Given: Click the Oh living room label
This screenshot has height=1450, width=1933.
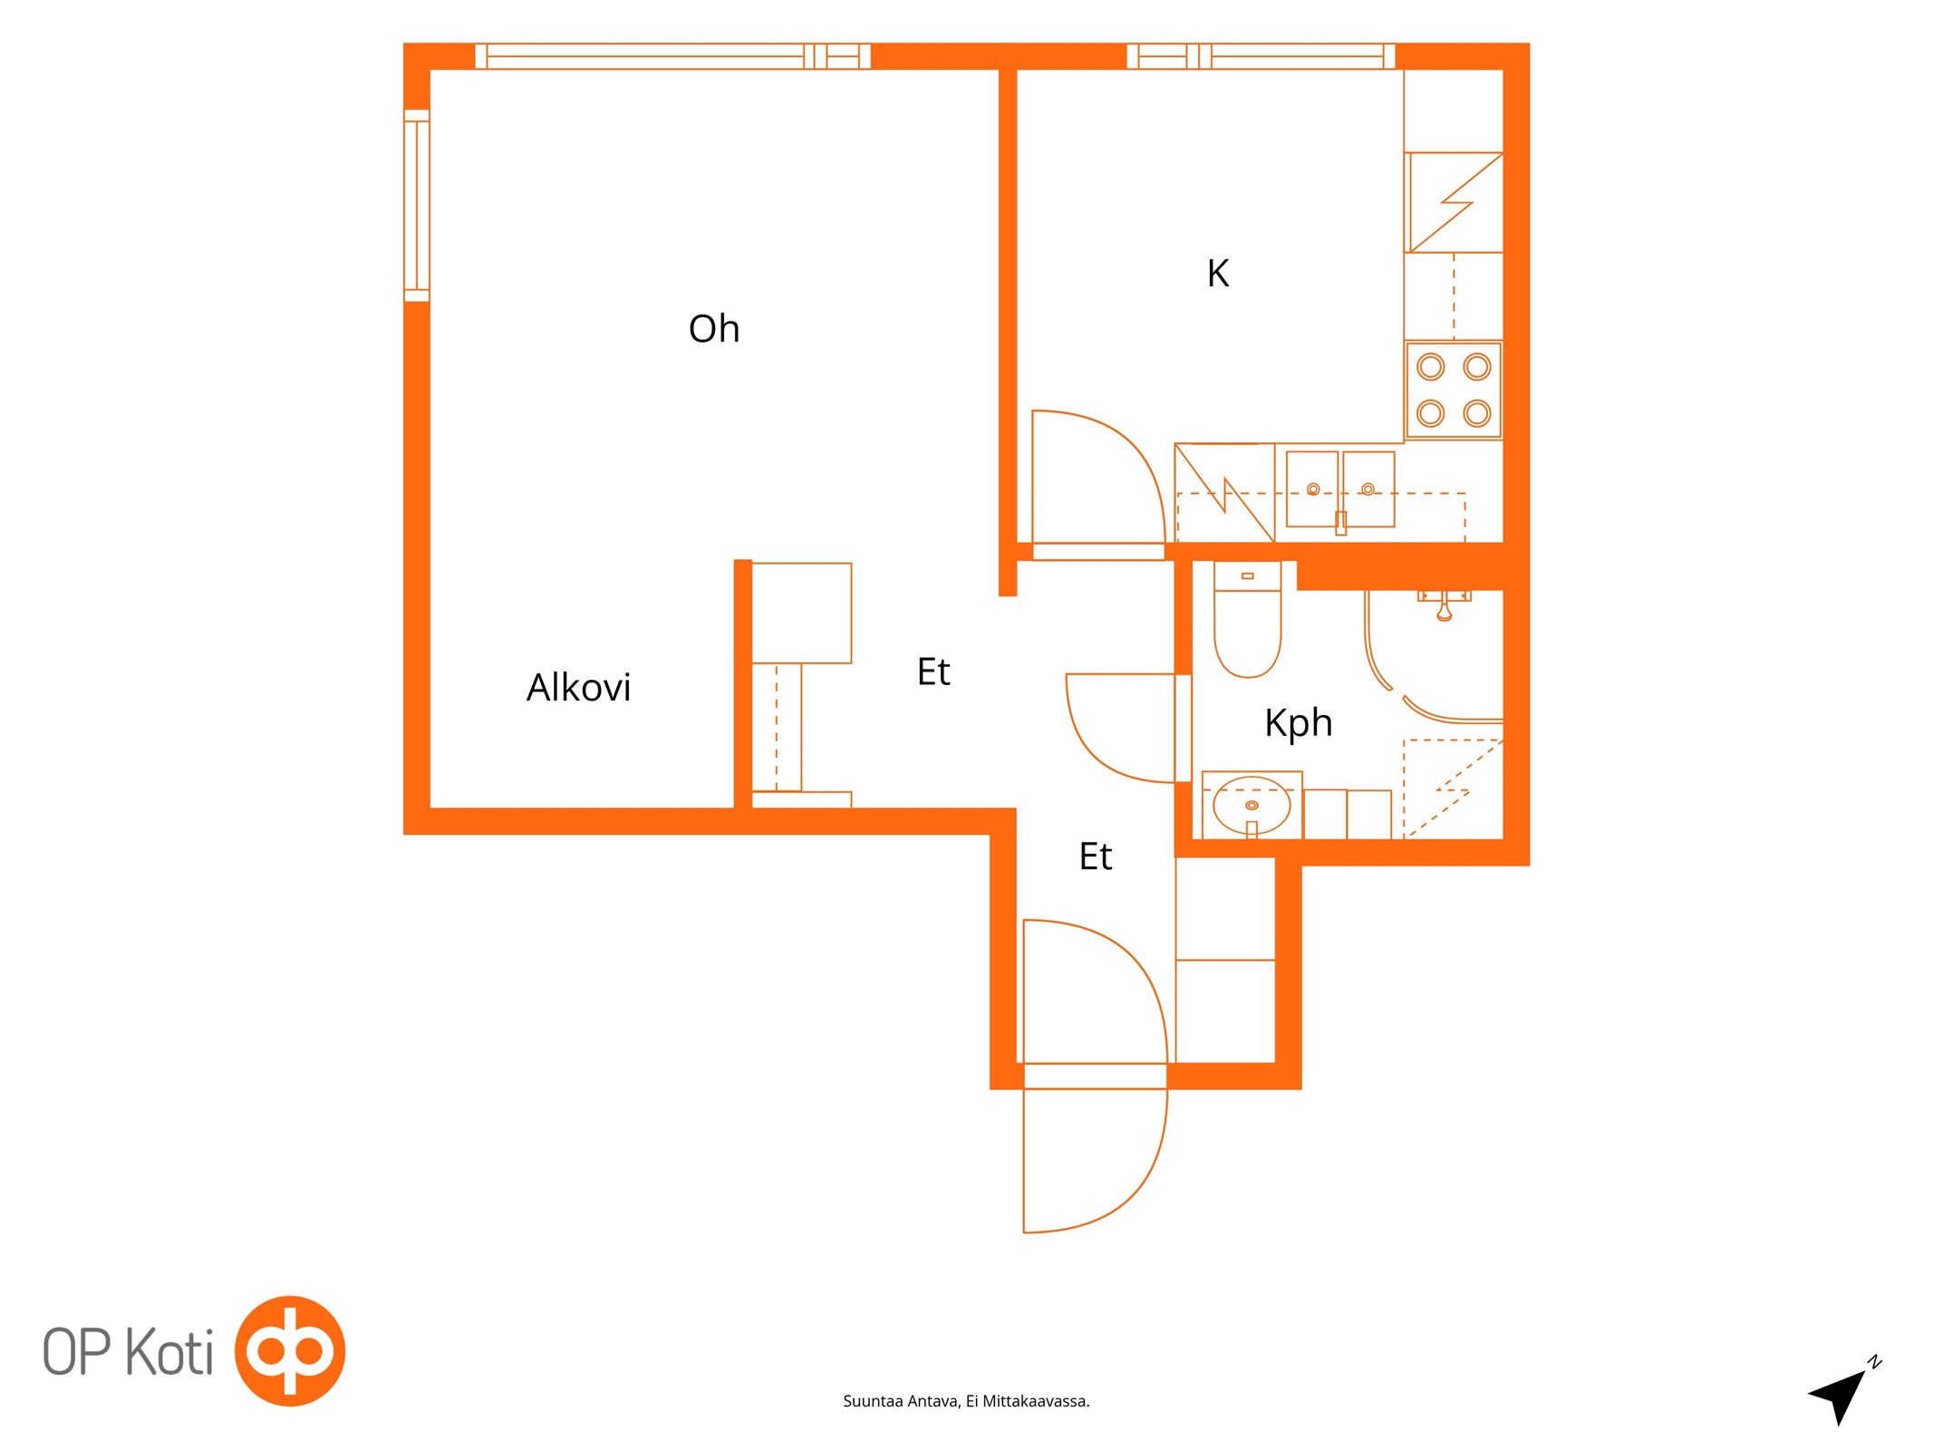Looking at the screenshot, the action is (714, 329).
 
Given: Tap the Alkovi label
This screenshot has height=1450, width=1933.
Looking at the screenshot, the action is (578, 687).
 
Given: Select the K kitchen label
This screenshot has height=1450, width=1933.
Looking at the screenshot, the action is (1218, 273).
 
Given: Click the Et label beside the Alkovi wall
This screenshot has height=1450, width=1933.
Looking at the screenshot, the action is (933, 672).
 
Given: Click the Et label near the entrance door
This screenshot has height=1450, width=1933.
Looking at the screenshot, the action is (1095, 856).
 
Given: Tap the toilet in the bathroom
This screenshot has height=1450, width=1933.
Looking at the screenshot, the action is (1248, 620).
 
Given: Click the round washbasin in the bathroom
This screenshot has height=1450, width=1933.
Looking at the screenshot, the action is (1252, 805).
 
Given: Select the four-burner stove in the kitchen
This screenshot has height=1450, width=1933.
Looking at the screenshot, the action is (1454, 391).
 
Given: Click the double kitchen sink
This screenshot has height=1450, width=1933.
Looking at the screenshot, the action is (1340, 489).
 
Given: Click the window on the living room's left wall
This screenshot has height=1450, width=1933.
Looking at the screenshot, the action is (417, 205).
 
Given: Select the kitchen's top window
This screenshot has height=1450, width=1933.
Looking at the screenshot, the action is (1261, 56).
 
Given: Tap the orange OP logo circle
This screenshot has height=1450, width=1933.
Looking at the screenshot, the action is (290, 1351).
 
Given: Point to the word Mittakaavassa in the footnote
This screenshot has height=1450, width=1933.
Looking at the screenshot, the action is (1036, 1402).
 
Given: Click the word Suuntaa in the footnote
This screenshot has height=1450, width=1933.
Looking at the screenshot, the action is (873, 1402).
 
